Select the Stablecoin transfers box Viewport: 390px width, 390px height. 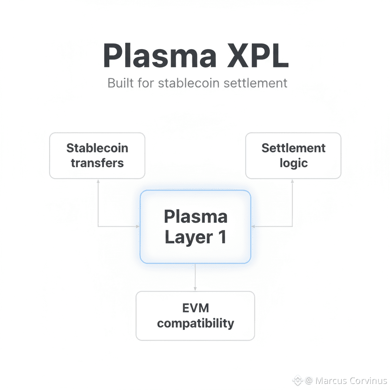[97, 155]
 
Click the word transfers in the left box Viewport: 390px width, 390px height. [97, 163]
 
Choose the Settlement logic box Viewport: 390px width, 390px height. [293, 155]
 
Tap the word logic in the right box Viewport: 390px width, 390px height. [293, 163]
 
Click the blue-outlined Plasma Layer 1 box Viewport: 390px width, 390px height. [195, 227]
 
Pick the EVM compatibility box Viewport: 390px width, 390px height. [195, 316]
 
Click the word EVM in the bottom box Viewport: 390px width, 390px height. [195, 308]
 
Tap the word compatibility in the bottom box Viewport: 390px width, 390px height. [195, 323]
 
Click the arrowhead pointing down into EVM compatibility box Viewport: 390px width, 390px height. [195, 289]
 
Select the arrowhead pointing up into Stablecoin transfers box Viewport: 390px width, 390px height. [98, 181]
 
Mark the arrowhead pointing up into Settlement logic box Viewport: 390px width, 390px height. [292, 181]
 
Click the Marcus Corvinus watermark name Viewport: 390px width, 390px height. [351, 380]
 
